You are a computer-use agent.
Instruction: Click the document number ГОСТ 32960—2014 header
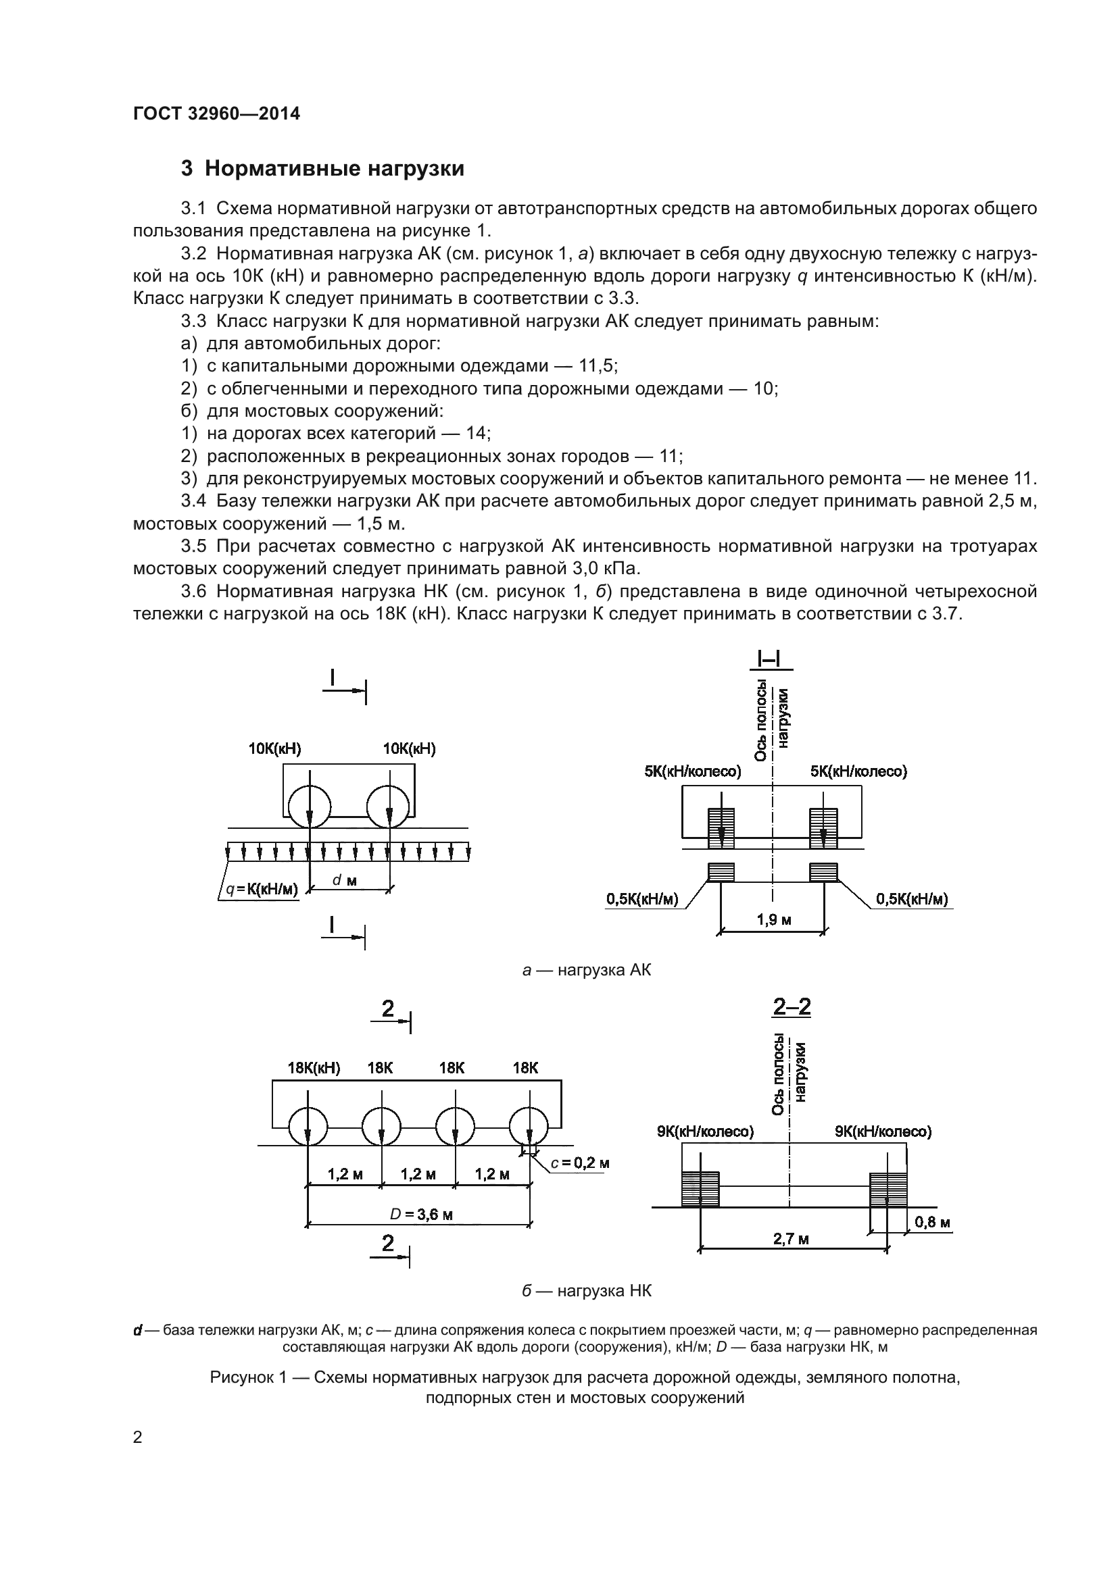pyautogui.click(x=216, y=113)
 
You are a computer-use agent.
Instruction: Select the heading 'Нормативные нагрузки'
pyautogui.click(x=334, y=169)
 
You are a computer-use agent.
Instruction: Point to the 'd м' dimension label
pyautogui.click(x=344, y=880)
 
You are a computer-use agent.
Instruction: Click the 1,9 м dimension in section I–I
pyautogui.click(x=774, y=919)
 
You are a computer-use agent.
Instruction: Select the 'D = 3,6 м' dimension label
pyautogui.click(x=421, y=1214)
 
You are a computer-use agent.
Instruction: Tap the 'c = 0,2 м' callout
pyautogui.click(x=580, y=1163)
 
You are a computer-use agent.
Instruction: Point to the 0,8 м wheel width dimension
pyautogui.click(x=932, y=1222)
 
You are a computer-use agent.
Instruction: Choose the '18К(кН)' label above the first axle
pyautogui.click(x=314, y=1067)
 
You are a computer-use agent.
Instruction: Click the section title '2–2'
pyautogui.click(x=792, y=1007)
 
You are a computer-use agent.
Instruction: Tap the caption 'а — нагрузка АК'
pyautogui.click(x=587, y=970)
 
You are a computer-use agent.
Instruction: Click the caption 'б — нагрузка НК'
pyautogui.click(x=587, y=1291)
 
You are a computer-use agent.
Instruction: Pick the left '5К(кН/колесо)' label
pyautogui.click(x=693, y=771)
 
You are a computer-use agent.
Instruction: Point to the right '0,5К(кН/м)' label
pyautogui.click(x=911, y=898)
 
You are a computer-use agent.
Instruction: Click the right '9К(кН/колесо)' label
pyautogui.click(x=883, y=1131)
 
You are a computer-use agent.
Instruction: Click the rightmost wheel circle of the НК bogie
pyautogui.click(x=529, y=1127)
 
